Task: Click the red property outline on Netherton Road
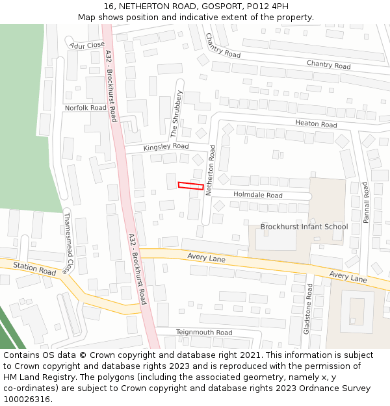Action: point(190,186)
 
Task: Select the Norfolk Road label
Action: point(85,108)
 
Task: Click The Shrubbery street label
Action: point(177,114)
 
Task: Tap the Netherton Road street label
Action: point(210,171)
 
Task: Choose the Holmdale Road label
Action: point(258,195)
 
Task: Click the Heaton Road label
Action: point(316,124)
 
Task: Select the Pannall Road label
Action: point(366,203)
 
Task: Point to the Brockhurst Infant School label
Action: point(304,227)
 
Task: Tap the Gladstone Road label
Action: point(309,308)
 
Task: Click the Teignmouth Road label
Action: point(204,333)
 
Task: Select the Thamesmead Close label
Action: point(66,243)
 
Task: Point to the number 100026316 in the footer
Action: point(26,400)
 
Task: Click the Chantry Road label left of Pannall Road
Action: point(223,45)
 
